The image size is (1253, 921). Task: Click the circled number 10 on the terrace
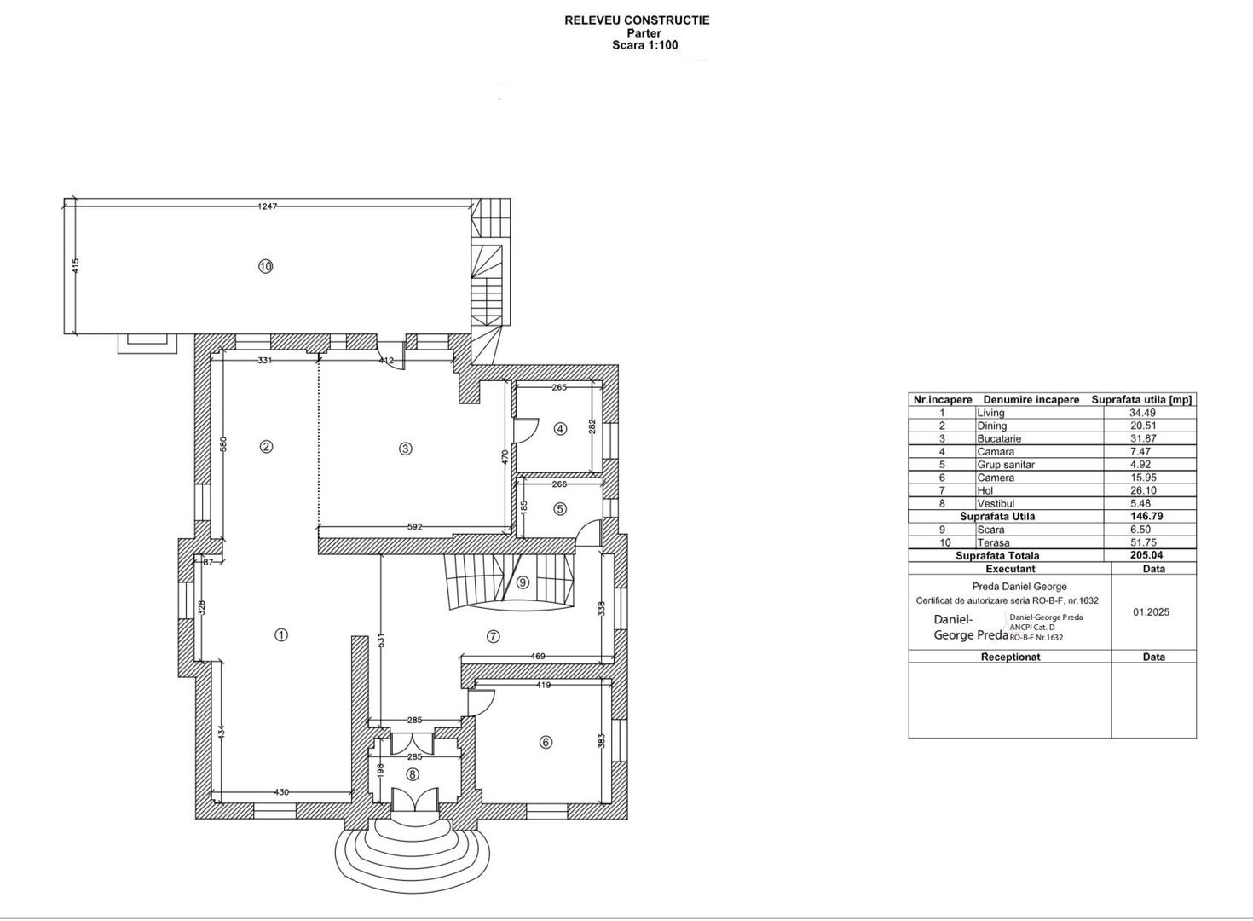coord(266,266)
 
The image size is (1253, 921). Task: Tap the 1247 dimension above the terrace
coord(268,206)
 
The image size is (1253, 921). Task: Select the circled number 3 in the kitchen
coord(406,449)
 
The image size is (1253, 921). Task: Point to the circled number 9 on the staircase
coord(523,582)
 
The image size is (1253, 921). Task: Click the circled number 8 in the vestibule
coord(413,774)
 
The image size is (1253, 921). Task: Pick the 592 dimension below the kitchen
coord(414,526)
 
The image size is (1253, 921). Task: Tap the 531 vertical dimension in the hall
coord(382,640)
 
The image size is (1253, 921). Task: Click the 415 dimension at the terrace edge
coord(76,265)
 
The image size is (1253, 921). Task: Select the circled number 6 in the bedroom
coord(546,743)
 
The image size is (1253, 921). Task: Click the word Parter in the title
coord(644,33)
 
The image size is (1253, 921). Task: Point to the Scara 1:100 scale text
coord(645,45)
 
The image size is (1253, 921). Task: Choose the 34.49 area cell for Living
coord(1143,413)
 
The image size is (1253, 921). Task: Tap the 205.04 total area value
coord(1146,555)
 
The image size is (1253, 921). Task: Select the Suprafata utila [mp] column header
coord(1141,400)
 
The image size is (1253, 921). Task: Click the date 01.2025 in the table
coord(1152,612)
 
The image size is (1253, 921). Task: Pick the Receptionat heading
coord(1010,657)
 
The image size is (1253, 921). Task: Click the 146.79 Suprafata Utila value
coord(1146,516)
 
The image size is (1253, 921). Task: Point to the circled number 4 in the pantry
coord(561,429)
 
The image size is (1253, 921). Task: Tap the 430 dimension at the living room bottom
coord(281,791)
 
